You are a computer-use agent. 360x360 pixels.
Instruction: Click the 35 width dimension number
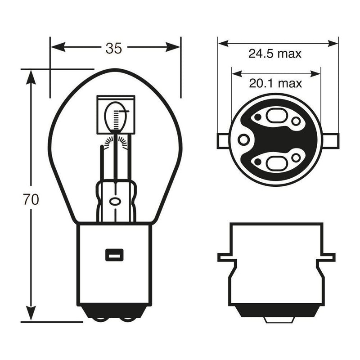(x=114, y=49)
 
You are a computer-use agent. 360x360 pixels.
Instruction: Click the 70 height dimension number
(x=31, y=199)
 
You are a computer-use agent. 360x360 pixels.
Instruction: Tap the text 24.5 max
(x=275, y=54)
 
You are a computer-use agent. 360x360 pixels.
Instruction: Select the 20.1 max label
(x=275, y=83)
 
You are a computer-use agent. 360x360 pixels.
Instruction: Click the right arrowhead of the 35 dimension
(x=173, y=47)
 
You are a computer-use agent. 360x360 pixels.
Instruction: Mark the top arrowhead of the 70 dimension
(x=31, y=77)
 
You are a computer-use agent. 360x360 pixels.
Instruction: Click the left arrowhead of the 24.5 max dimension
(x=223, y=43)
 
